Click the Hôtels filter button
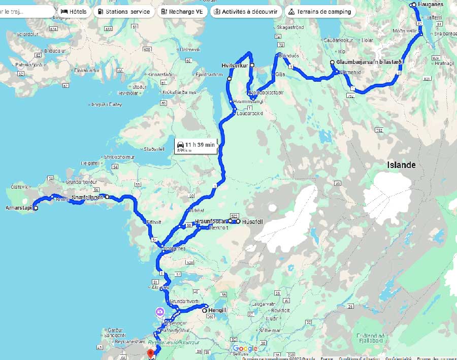(x=74, y=11)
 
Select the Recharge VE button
(x=182, y=11)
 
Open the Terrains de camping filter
(x=319, y=11)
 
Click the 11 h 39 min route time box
(x=196, y=146)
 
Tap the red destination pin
(x=150, y=353)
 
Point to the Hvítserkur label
(x=234, y=66)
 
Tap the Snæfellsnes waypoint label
(x=87, y=197)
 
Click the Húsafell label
(x=252, y=221)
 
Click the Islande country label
(x=401, y=165)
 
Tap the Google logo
(x=245, y=348)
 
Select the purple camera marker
(x=160, y=312)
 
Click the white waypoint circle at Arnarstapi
(x=36, y=208)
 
